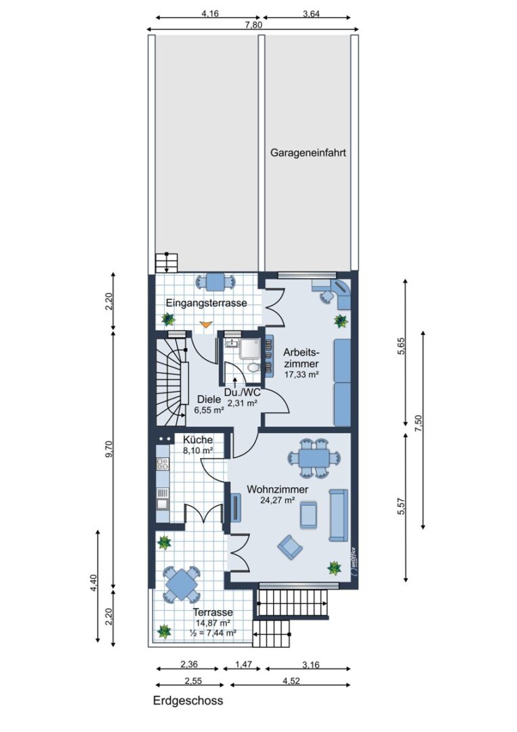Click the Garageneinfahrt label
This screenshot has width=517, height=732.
click(308, 152)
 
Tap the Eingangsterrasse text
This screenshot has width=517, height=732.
click(206, 303)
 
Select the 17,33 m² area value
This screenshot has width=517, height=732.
click(302, 374)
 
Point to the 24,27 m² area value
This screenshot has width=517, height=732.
click(278, 500)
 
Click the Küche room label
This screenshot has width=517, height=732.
click(198, 440)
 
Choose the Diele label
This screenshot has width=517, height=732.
click(209, 400)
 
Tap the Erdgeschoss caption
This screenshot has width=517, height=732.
click(188, 701)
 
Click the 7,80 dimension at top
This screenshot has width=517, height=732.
click(253, 25)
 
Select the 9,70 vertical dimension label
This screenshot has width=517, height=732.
click(109, 449)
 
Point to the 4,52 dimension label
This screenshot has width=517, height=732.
click(291, 680)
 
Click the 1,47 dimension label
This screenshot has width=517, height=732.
click(241, 664)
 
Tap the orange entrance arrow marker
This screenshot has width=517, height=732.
click(205, 323)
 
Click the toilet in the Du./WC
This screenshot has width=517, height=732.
click(253, 367)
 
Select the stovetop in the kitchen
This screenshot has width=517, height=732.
click(163, 464)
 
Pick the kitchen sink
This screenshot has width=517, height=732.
click(163, 503)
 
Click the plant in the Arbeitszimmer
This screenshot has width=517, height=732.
click(341, 321)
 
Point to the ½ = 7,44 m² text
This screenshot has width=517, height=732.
click(213, 632)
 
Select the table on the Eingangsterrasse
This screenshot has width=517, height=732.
click(215, 281)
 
